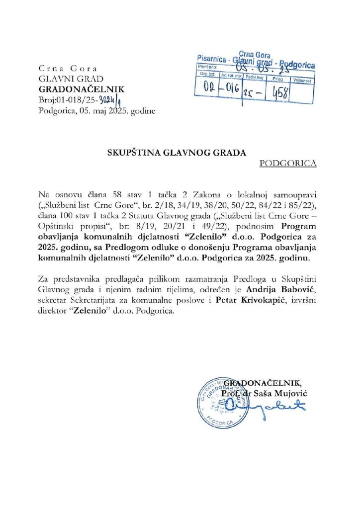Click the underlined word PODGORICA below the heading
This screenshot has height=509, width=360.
click(288, 163)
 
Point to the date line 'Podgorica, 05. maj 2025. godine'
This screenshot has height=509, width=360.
click(97, 111)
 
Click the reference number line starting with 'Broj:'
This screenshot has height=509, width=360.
click(83, 100)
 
